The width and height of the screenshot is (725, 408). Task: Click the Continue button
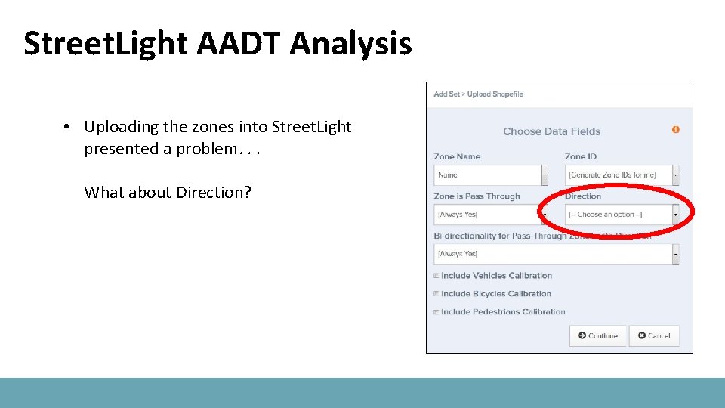click(598, 335)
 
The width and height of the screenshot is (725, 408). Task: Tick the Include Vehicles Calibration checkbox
click(437, 276)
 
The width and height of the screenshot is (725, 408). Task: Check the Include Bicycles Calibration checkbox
click(437, 294)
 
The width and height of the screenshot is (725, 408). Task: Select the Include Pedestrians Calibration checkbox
click(437, 312)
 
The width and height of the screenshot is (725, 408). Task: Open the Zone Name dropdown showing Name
click(490, 175)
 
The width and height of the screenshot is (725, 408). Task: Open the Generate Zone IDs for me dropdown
click(621, 175)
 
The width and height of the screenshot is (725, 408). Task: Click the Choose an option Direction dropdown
click(621, 215)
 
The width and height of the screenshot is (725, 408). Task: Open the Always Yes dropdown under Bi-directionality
click(556, 254)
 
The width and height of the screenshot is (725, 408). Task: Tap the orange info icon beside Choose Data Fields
click(675, 130)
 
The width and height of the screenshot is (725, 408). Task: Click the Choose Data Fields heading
click(551, 131)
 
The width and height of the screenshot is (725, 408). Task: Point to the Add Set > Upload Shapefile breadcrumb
click(478, 94)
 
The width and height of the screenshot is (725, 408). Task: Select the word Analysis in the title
click(350, 44)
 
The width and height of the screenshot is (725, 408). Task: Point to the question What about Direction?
click(168, 193)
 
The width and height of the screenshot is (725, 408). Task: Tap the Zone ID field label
click(580, 157)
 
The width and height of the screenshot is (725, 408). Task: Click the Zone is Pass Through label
click(477, 196)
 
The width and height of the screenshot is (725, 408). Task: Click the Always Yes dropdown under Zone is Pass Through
click(490, 215)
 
